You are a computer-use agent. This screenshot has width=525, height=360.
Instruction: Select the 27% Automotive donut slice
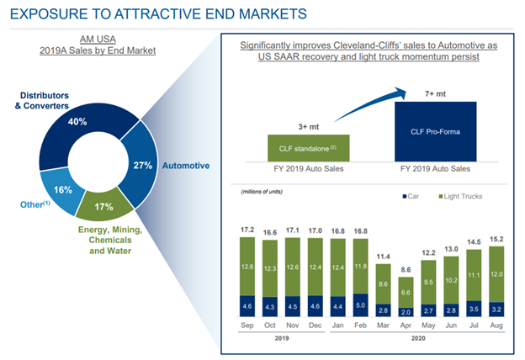click(140, 164)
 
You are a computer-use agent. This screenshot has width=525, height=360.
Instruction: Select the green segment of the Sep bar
click(247, 267)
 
